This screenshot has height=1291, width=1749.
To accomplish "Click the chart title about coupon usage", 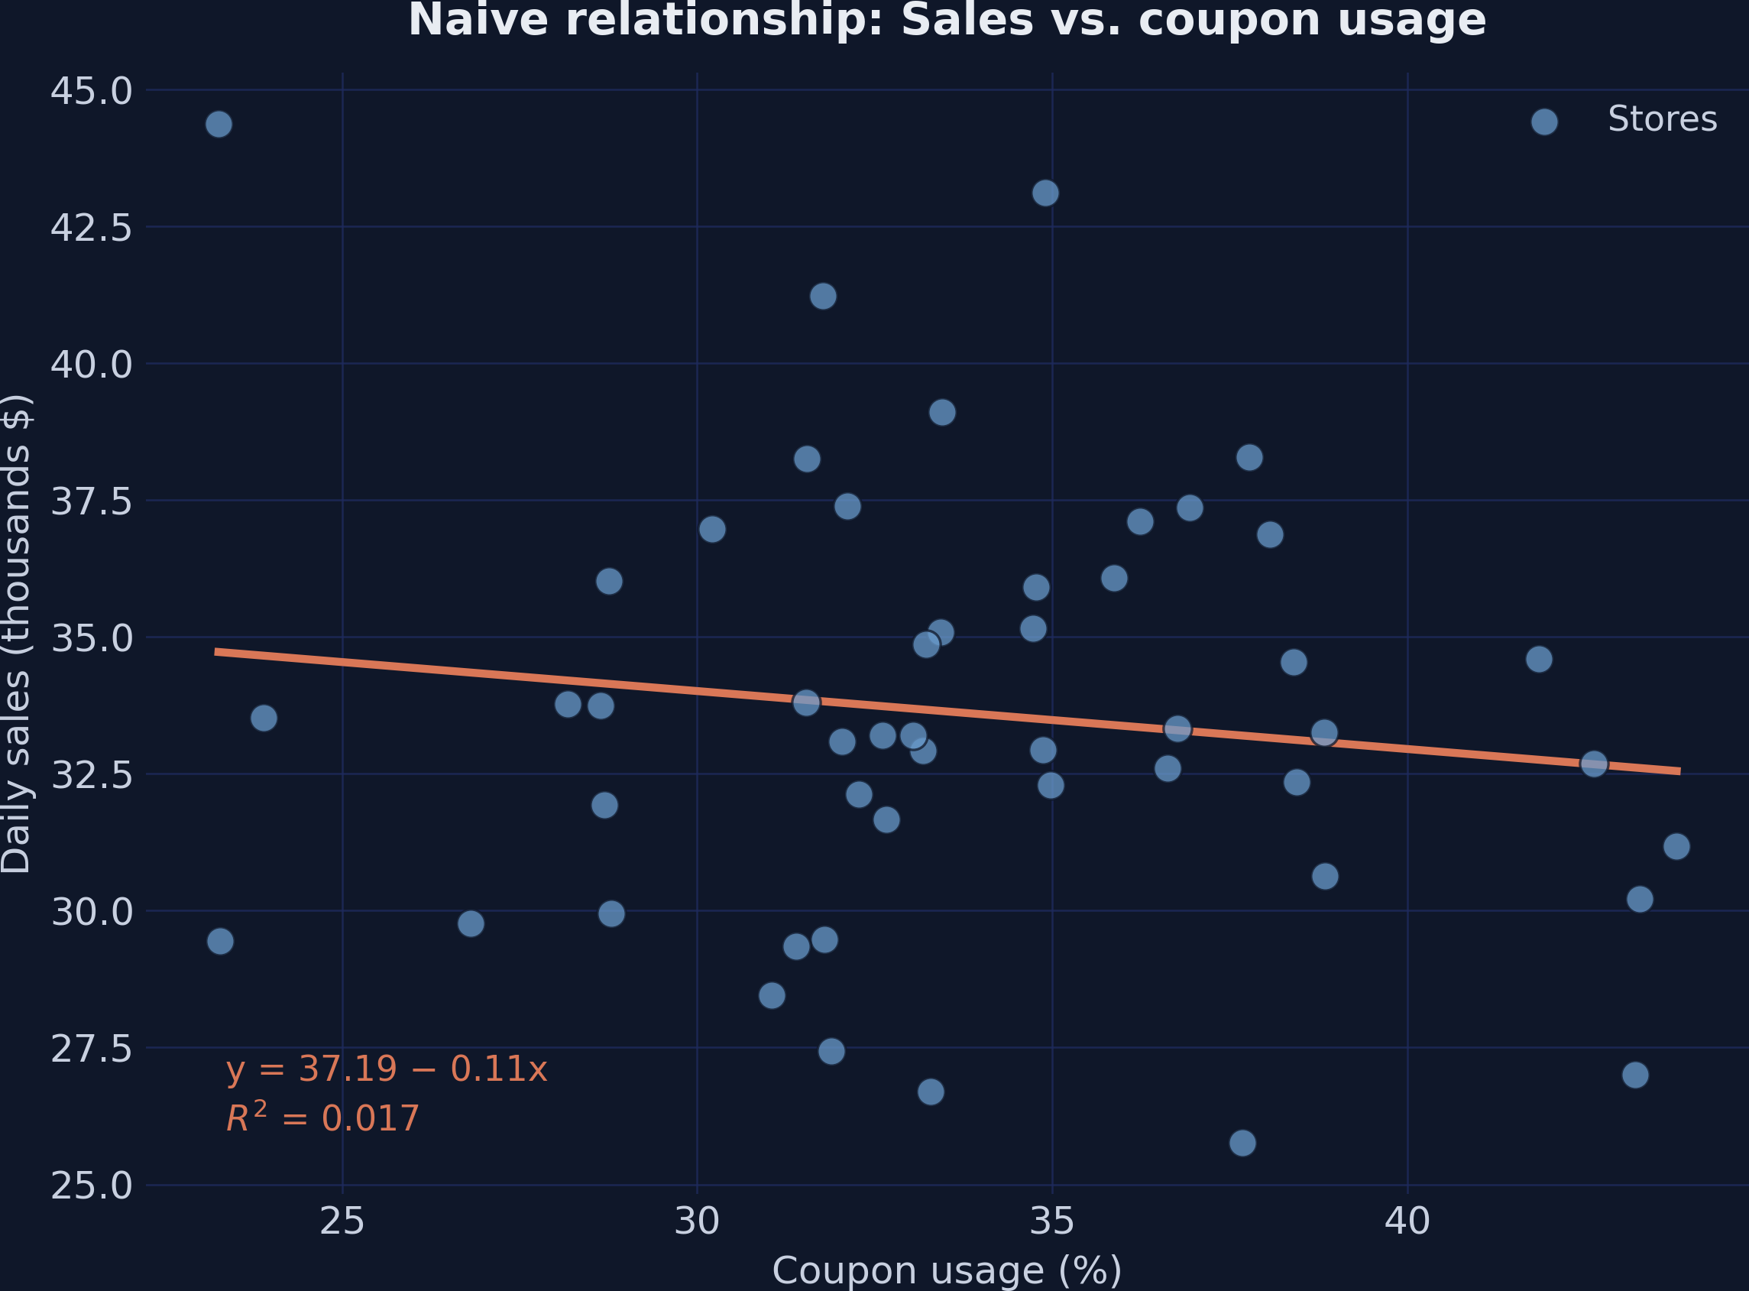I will click(947, 21).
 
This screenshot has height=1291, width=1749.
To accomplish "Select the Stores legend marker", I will click(1544, 122).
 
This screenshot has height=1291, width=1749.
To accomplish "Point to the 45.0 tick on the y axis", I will click(92, 92).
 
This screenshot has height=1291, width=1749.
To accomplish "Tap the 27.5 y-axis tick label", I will click(92, 1049).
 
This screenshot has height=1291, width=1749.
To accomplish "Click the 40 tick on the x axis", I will click(1407, 1221).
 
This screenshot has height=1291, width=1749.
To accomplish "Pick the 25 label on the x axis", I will click(342, 1221).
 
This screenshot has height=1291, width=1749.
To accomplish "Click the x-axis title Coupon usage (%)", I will click(947, 1270).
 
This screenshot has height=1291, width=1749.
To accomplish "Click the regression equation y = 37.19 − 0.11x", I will click(387, 1069).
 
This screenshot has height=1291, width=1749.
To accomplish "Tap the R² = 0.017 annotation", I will click(322, 1118).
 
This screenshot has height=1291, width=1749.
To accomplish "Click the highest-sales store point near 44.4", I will click(219, 125).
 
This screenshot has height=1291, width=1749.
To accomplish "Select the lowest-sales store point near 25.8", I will click(1243, 1143).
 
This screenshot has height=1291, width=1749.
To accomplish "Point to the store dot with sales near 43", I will click(1045, 193).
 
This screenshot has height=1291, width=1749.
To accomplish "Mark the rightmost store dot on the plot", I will click(1676, 846).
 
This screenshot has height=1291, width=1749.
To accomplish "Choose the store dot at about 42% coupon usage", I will click(1539, 660).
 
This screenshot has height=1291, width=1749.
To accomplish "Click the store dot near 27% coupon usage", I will click(470, 923).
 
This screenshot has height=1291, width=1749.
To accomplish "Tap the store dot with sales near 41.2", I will click(823, 296).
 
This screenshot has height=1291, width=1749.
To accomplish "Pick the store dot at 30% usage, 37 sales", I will click(711, 530).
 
